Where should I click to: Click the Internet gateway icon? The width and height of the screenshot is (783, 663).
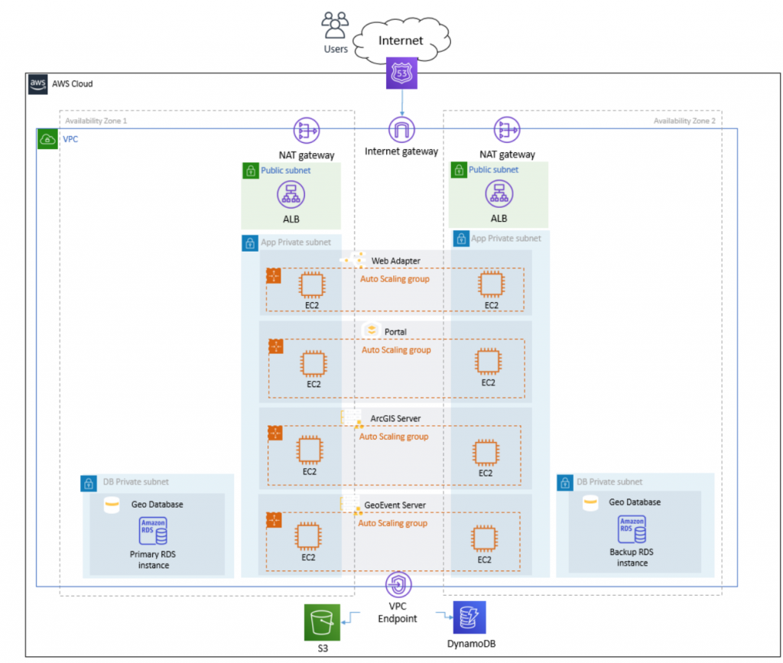[401, 131]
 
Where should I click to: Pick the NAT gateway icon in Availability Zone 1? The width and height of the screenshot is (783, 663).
[306, 131]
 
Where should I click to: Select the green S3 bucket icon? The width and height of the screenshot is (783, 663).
[320, 621]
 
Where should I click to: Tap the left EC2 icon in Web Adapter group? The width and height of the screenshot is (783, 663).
[311, 285]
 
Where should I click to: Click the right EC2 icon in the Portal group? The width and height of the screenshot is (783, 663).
[488, 362]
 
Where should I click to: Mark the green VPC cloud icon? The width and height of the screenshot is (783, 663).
[47, 139]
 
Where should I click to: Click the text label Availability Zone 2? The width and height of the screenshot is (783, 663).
[684, 121]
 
